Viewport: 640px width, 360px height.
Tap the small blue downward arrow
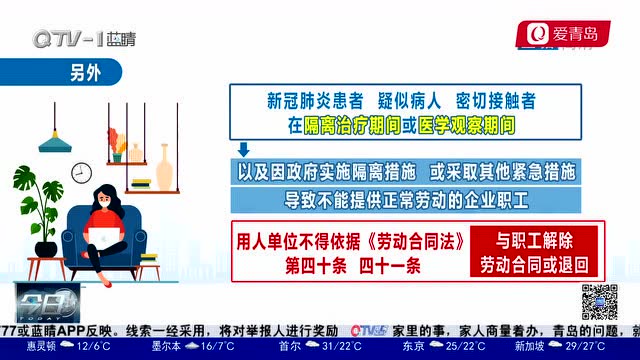point(243,150)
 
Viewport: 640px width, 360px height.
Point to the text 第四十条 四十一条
point(353,266)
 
